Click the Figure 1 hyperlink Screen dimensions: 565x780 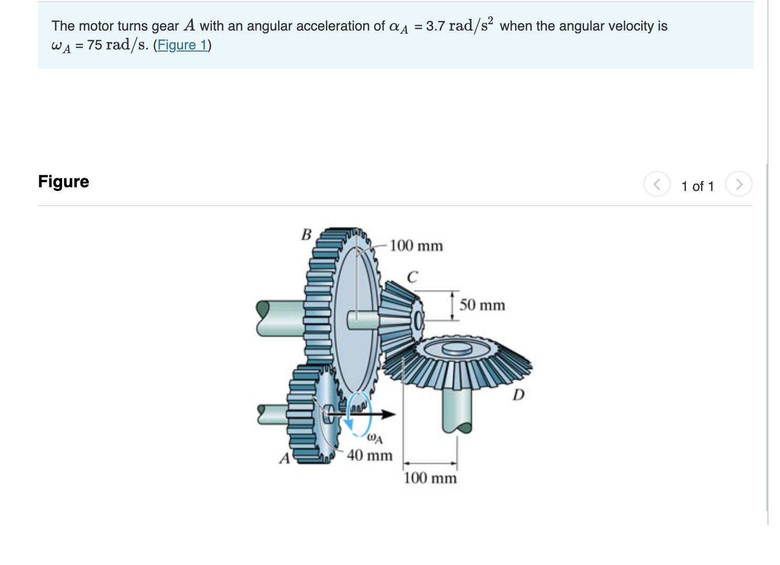pos(182,45)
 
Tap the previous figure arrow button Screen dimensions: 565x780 pos(656,184)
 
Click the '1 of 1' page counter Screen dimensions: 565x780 pos(697,186)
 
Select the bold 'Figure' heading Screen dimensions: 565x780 pos(64,181)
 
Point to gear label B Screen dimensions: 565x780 pos(306,234)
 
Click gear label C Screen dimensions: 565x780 pos(413,277)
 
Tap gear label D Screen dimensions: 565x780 pos(518,395)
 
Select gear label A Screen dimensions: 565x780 pos(284,458)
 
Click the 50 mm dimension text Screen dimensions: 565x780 pos(482,305)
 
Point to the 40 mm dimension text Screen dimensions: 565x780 pos(370,455)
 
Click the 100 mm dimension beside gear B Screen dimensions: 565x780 pos(416,246)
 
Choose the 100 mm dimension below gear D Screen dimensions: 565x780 pos(430,478)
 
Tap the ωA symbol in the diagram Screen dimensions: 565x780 pos(374,438)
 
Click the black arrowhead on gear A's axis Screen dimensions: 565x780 pos(388,415)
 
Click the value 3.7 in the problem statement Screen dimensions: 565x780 pos(435,26)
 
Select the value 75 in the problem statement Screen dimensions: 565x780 pos(95,45)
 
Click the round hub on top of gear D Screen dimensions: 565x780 pos(457,348)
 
